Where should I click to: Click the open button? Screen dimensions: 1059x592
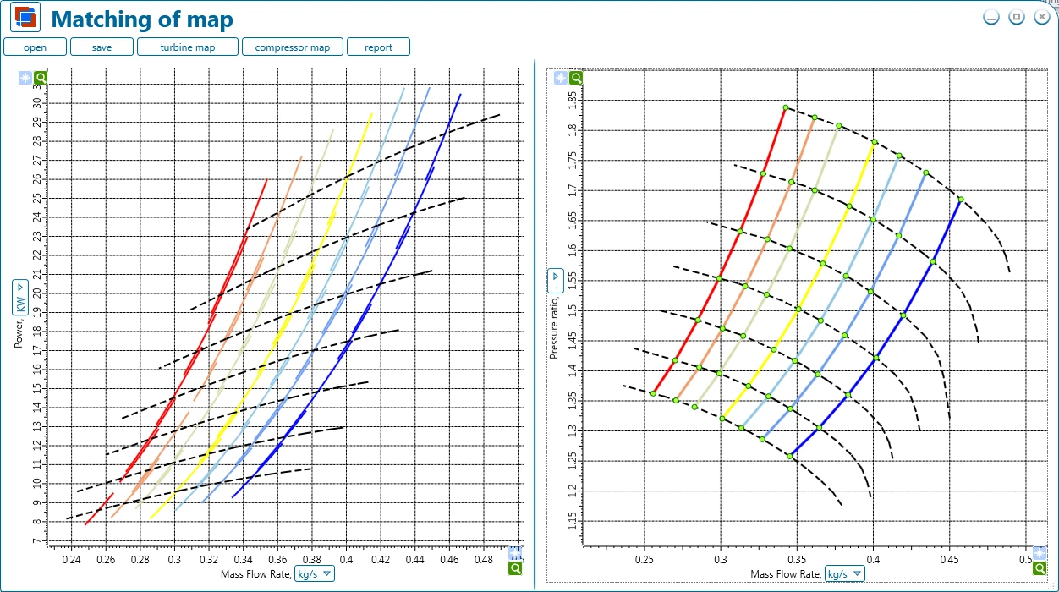pos(35,47)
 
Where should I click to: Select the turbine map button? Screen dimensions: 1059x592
pos(188,47)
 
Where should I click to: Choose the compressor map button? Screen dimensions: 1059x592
pos(292,47)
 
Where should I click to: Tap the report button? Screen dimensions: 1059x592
pos(378,47)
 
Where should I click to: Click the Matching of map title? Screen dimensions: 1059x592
pos(142,19)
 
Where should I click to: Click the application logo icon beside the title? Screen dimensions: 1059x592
pos(25,17)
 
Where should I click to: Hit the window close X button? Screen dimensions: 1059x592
pos(1041,17)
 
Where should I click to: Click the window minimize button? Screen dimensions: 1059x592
pos(991,17)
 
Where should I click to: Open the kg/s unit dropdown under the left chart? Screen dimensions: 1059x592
pos(315,573)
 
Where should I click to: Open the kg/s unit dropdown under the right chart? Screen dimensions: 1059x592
pos(844,573)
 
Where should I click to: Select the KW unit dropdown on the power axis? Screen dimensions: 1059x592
pos(19,297)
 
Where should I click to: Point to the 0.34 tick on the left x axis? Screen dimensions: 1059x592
pos(243,559)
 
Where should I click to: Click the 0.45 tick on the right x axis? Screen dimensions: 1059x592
pos(949,559)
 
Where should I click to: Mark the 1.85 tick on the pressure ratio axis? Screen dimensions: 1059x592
pos(573,101)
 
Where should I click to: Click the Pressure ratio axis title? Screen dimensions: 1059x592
pos(554,327)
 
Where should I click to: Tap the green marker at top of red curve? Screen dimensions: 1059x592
pos(786,107)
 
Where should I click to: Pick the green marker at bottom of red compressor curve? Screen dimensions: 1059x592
pos(653,393)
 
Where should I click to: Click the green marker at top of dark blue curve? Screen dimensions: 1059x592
pos(961,200)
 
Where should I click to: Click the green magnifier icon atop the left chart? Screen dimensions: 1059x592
pos(41,78)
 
